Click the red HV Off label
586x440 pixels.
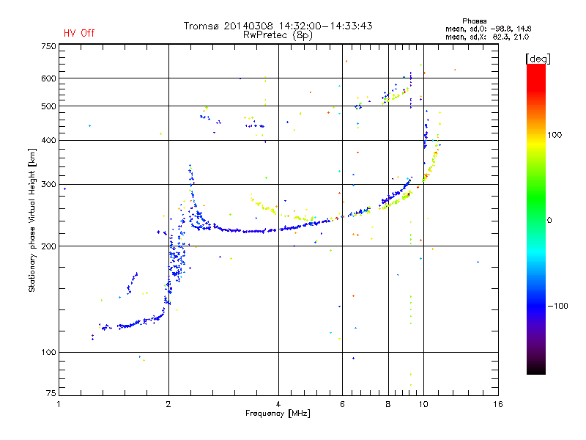(79, 33)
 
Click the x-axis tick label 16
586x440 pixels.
(498, 404)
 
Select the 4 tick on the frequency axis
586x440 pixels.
(278, 404)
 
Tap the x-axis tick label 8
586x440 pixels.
(388, 404)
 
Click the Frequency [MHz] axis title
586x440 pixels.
(278, 414)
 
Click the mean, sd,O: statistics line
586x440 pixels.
(486, 29)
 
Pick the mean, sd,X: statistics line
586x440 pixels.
(486, 37)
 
